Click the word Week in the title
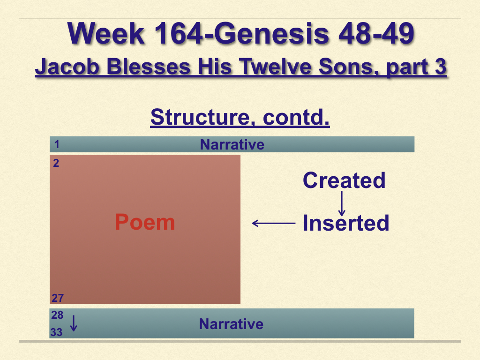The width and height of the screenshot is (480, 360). point(106,33)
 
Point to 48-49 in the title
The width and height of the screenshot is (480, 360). point(376,33)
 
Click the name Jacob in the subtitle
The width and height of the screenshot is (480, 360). point(67,67)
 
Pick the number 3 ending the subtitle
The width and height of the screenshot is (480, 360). point(441,67)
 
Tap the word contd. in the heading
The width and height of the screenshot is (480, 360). point(296,117)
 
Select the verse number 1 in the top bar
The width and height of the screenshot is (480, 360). point(57,144)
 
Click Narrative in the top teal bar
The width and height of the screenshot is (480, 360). point(232,144)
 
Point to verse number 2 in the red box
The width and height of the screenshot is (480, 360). point(56,163)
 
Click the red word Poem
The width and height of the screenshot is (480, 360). point(145,222)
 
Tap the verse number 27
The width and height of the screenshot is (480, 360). point(58,298)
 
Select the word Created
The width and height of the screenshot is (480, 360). point(344,180)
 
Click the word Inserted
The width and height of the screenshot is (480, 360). point(346,223)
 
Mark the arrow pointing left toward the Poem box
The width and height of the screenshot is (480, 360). point(274,223)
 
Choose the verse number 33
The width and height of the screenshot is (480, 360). point(56,332)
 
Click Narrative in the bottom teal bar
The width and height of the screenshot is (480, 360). point(231,324)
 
